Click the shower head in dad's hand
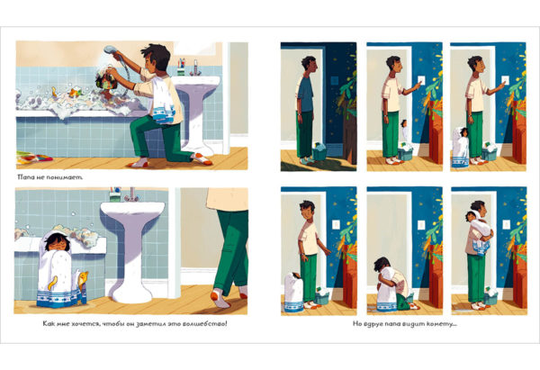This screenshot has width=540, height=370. click(110, 50)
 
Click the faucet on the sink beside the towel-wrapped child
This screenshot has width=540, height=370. click(131, 195)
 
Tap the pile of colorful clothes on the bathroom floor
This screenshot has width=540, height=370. click(34, 158)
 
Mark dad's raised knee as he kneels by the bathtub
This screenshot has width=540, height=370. click(136, 124)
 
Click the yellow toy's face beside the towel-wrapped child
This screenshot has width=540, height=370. click(84, 275)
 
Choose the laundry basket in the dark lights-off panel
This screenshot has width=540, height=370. click(319, 151)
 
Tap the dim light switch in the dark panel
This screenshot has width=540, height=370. click(334, 81)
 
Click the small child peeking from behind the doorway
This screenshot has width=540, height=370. click(405, 130)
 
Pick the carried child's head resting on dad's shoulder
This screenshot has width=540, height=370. click(471, 216)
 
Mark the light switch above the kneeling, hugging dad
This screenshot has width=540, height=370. click(421, 225)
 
